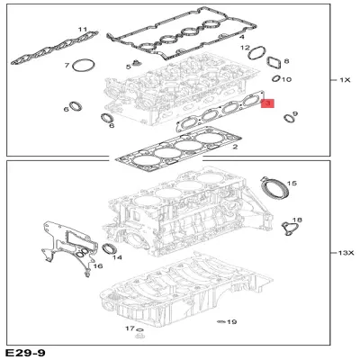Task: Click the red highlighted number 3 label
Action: pyautogui.click(x=266, y=106)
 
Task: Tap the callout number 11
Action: pyautogui.click(x=83, y=31)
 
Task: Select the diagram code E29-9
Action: pyautogui.click(x=25, y=352)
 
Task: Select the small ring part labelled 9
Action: pyautogui.click(x=289, y=117)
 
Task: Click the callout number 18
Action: pyautogui.click(x=298, y=220)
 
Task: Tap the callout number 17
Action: pyautogui.click(x=129, y=329)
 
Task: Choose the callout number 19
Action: pyautogui.click(x=231, y=321)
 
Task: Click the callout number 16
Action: pyautogui.click(x=98, y=266)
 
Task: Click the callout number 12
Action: pyautogui.click(x=245, y=47)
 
